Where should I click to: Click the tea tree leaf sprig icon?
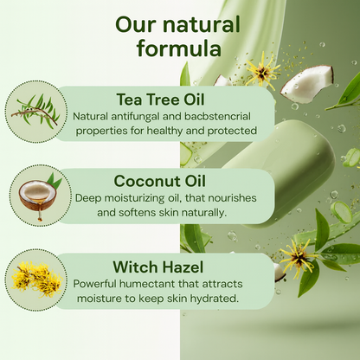pos(35,112)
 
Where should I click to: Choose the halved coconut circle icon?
pos(35,195)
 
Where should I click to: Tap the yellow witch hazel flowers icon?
pos(35,277)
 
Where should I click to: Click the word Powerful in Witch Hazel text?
pos(100,282)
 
